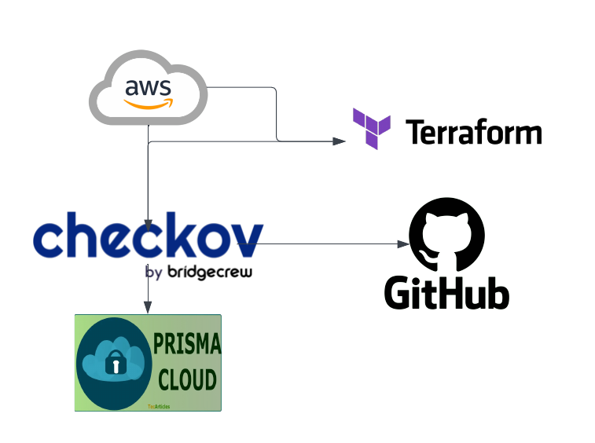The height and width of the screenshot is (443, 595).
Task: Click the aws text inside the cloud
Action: [x=148, y=87]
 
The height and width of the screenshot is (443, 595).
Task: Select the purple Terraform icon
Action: [x=372, y=129]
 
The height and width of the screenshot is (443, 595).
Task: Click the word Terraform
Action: [x=473, y=132]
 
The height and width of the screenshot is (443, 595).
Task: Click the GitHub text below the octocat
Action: [x=446, y=291]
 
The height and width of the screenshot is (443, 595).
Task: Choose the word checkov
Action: [x=148, y=236]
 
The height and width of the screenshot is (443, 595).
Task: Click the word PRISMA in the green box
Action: [x=187, y=347]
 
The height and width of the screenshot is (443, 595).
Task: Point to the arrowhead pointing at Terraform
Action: [x=340, y=141]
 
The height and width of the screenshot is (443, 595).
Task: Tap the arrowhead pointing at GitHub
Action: [x=403, y=244]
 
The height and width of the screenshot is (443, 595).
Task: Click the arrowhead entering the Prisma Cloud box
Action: [x=147, y=309]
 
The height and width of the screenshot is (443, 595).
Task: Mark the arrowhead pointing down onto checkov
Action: [x=147, y=226]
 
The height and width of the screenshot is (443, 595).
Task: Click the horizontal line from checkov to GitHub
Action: [x=330, y=244]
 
